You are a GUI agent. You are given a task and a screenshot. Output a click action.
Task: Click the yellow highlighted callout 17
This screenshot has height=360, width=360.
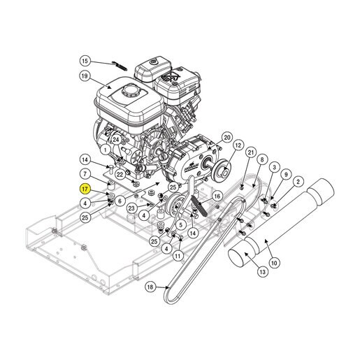85,189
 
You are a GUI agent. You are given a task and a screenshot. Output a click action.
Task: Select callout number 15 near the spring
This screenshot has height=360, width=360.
85,61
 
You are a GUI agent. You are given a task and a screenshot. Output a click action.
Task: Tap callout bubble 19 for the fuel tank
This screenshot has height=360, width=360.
85,76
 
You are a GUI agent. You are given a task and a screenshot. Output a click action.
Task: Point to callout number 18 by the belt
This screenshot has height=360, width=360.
150,287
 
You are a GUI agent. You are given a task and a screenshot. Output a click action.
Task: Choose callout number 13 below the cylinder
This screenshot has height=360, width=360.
263,272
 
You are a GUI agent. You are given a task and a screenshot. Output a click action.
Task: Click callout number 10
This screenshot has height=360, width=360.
274,263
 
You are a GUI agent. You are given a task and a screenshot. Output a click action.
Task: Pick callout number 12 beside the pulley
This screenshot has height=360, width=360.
238,145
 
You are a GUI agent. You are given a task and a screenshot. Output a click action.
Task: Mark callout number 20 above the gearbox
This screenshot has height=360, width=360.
226,138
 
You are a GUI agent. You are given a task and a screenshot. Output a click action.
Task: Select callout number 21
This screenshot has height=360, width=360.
250,152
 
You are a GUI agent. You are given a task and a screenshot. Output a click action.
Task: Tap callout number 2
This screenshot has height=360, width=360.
298,182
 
